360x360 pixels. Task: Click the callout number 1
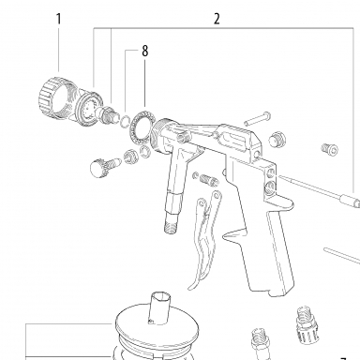[x=58, y=19]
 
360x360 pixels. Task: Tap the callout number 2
[x=217, y=19]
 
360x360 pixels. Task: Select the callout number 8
[x=144, y=51]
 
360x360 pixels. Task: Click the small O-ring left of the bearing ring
[x=126, y=121]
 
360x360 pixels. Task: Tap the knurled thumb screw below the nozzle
[x=105, y=165]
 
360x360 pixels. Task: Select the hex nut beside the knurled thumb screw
[x=130, y=156]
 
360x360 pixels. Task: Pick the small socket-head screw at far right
[x=330, y=150]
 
